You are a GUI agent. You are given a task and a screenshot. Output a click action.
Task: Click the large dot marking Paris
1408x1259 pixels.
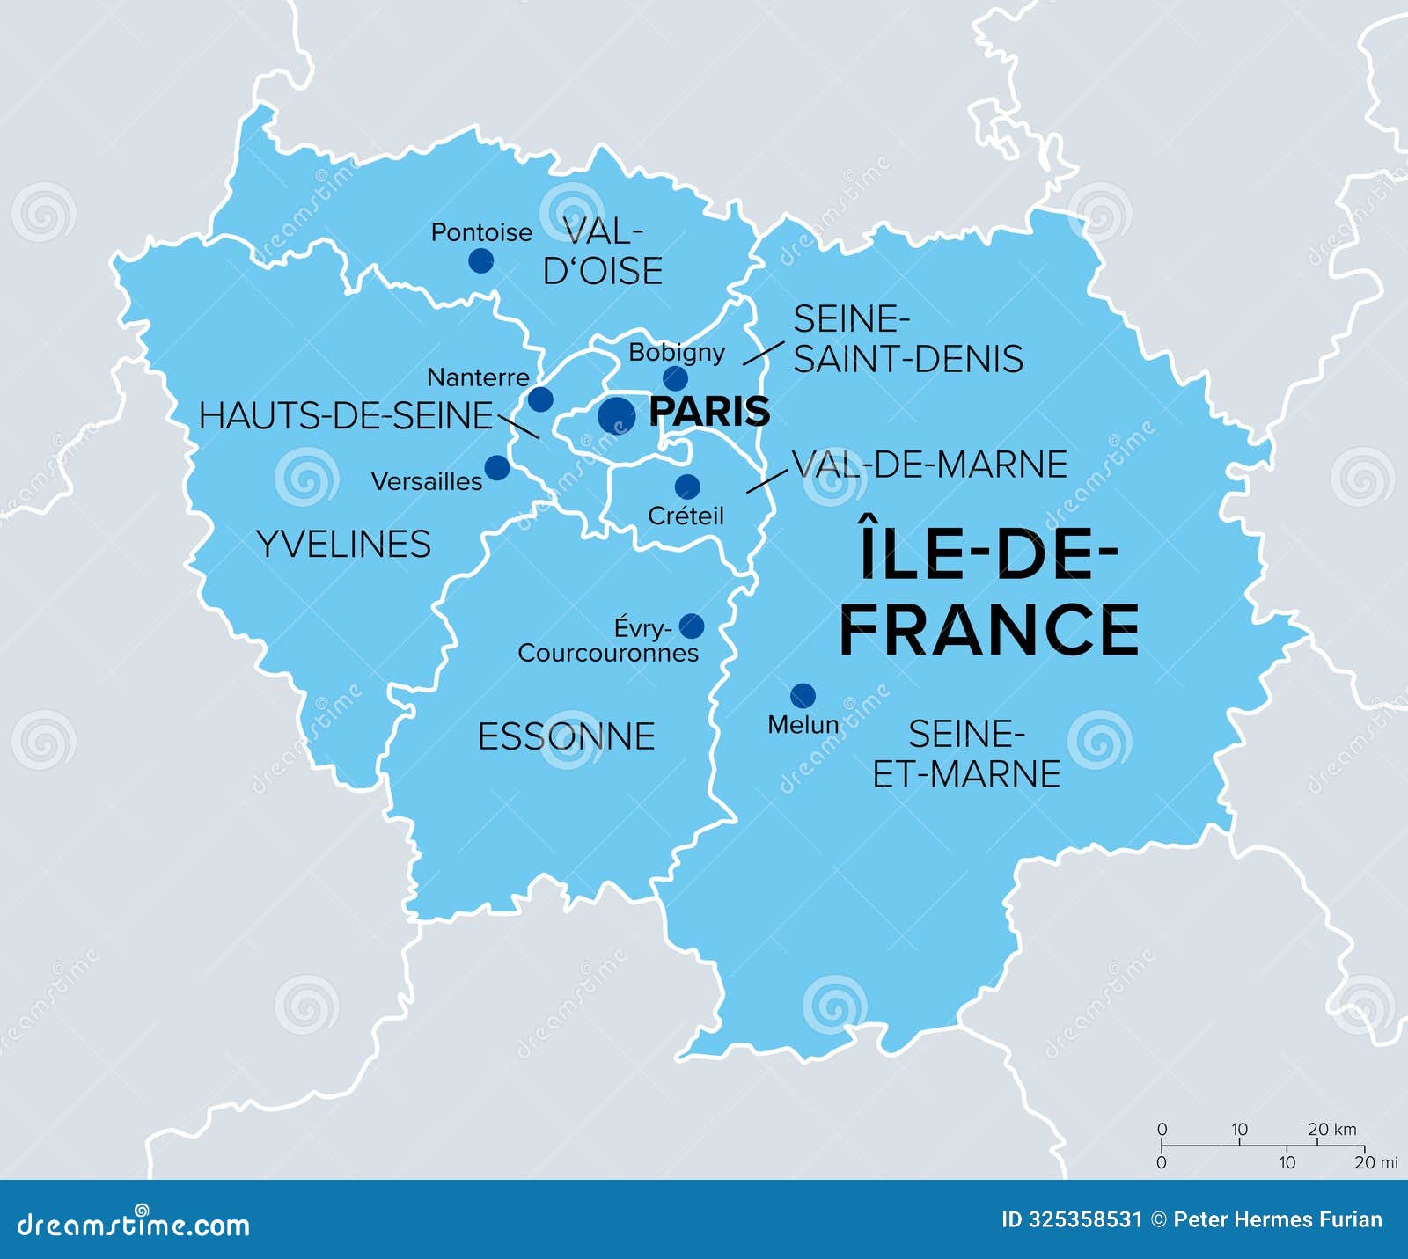(616, 415)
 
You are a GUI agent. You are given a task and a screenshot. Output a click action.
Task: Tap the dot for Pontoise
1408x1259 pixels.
(480, 260)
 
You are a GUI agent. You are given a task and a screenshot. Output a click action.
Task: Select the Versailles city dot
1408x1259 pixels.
(497, 468)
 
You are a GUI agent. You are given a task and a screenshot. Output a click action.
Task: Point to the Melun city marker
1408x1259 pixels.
(803, 696)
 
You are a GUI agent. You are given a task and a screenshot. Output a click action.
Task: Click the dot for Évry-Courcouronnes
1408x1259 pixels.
(692, 626)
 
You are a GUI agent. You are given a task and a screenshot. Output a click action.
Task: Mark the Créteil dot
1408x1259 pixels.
(687, 487)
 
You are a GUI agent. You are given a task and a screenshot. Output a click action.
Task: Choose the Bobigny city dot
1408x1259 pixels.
(675, 378)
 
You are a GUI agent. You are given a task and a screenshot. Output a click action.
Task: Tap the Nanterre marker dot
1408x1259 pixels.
(540, 399)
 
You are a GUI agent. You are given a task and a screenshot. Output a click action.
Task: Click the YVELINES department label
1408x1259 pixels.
(343, 545)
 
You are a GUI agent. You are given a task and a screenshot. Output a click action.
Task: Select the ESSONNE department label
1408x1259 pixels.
(566, 736)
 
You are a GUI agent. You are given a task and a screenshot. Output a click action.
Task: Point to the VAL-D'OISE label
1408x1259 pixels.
(603, 252)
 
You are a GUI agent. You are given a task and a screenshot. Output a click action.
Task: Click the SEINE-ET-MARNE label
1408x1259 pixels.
(966, 754)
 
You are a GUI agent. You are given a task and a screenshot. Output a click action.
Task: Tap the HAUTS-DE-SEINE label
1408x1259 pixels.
(346, 416)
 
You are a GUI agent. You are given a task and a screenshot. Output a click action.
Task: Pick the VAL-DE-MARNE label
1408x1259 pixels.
(929, 465)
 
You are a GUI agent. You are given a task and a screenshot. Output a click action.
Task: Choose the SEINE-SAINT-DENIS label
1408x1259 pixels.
(908, 340)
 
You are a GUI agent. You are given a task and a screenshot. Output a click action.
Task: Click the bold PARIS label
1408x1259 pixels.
(709, 412)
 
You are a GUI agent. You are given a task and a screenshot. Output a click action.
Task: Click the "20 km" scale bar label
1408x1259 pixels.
(1331, 1129)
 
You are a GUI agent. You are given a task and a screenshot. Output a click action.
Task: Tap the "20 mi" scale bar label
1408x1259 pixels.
(1375, 1162)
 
